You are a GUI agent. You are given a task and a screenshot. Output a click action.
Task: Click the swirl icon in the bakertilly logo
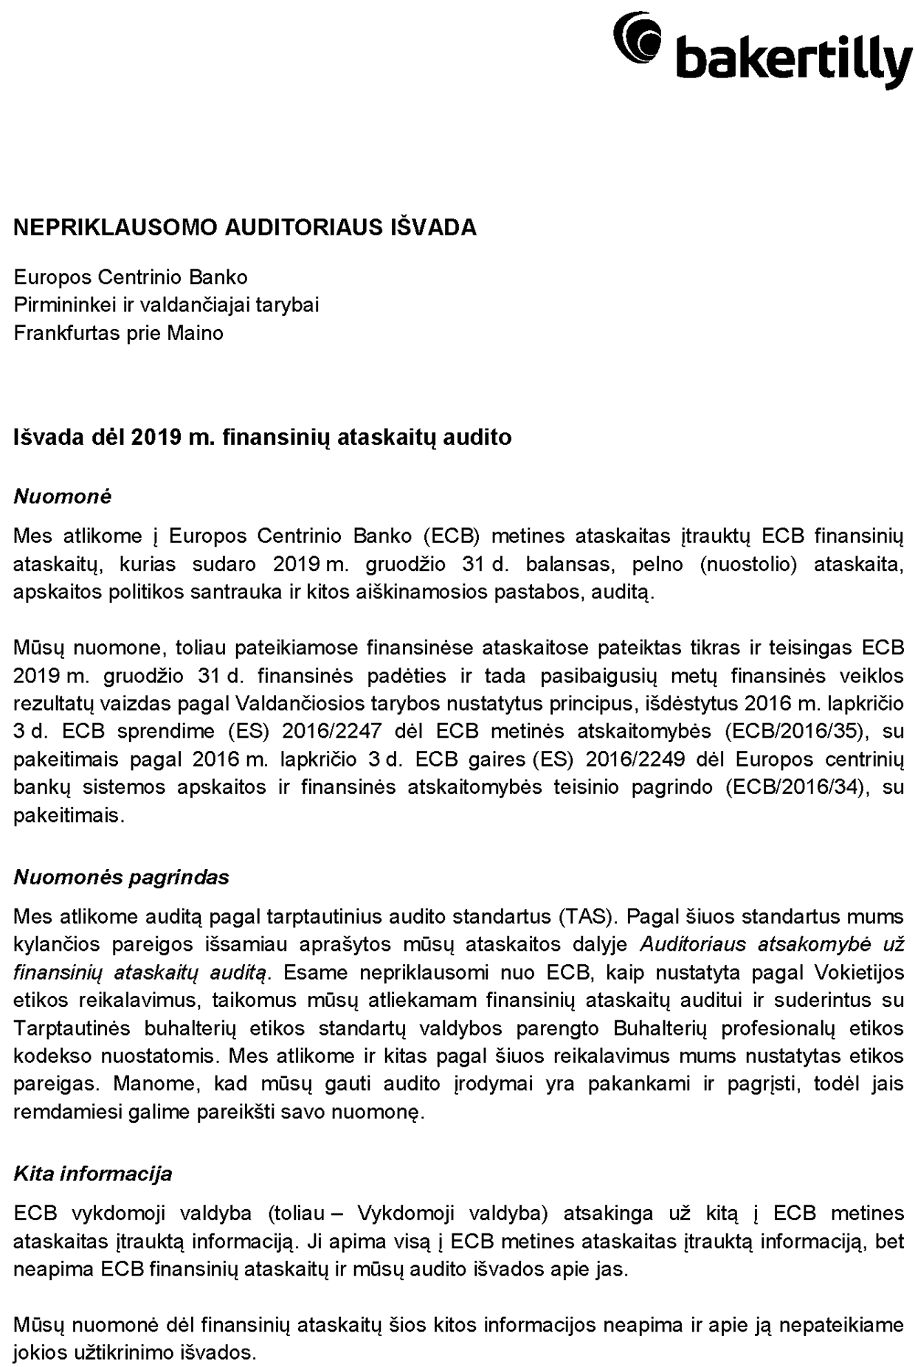pyautogui.click(x=638, y=41)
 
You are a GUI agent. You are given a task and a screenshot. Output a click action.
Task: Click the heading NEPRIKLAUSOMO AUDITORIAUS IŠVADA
pyautogui.click(x=245, y=227)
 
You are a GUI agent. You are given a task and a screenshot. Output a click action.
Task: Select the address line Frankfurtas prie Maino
pyautogui.click(x=118, y=333)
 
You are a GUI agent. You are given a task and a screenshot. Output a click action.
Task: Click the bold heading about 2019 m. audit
pyautogui.click(x=262, y=437)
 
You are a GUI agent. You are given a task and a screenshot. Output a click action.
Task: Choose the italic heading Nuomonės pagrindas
pyautogui.click(x=121, y=877)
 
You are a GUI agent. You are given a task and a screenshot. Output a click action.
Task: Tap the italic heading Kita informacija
pyautogui.click(x=92, y=1174)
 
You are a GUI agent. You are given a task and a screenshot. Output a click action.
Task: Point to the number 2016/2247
pyautogui.click(x=332, y=731)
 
